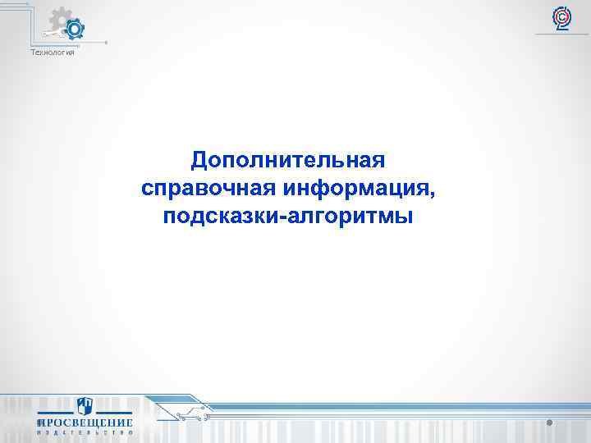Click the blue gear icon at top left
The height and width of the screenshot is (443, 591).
coord(75,30)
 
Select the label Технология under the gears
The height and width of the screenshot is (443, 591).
coord(53,53)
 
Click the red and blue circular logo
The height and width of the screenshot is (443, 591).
coord(562,16)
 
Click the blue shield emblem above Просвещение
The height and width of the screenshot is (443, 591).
coord(85,408)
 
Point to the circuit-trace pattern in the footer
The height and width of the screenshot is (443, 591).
coord(189,410)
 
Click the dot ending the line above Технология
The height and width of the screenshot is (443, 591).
coord(106,43)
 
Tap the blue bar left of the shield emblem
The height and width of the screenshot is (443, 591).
coord(53,411)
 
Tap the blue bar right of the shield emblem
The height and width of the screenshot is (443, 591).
coord(116,411)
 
